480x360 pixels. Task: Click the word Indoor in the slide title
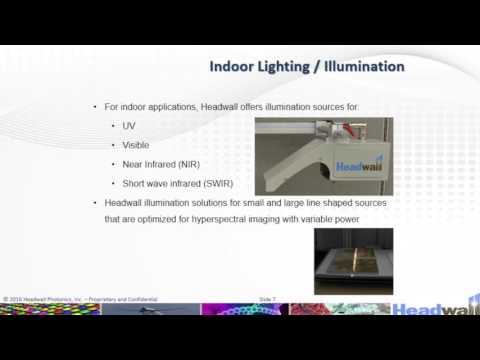pos(234,67)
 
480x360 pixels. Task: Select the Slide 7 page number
pos(267,299)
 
